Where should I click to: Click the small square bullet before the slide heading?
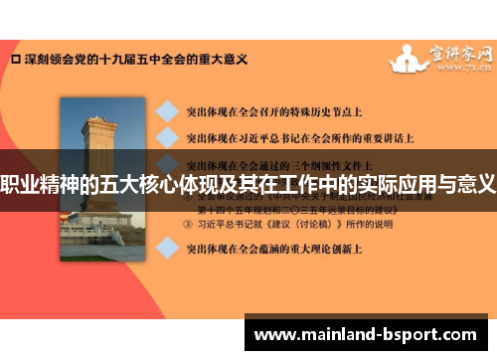(14, 60)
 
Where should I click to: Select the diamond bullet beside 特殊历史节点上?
(170, 110)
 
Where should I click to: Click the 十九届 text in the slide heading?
(112, 60)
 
